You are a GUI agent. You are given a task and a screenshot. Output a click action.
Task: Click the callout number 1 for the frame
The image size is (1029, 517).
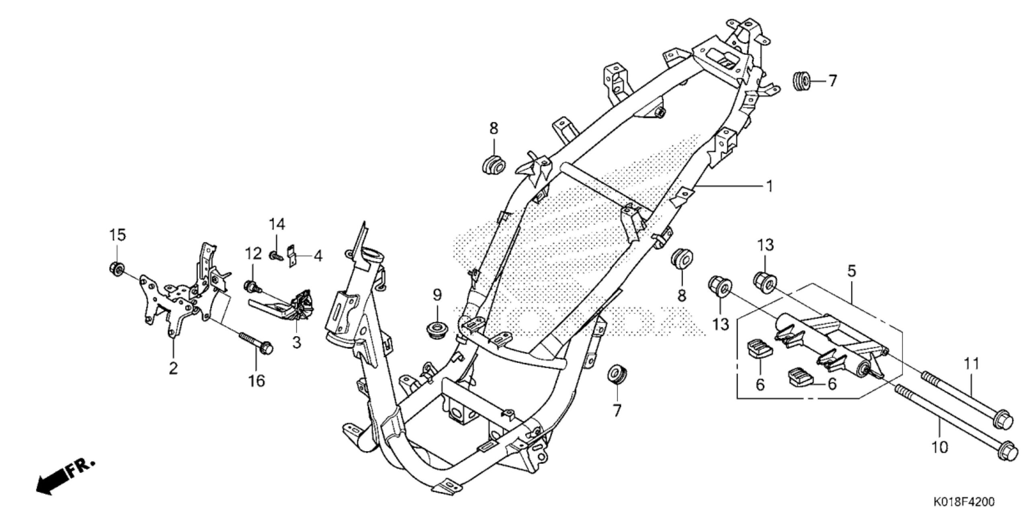tap(768, 186)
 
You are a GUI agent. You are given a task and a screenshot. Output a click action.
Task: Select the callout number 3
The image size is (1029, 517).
tap(296, 342)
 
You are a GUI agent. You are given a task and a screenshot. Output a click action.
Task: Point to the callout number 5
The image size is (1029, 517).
tap(851, 271)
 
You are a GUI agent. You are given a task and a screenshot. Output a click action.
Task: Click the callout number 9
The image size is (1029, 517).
tap(437, 295)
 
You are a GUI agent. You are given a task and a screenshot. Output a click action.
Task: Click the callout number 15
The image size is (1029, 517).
tap(118, 235)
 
